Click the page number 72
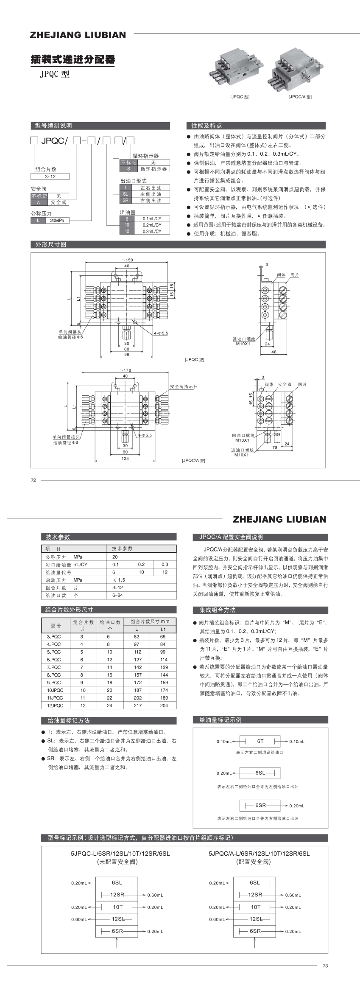(34, 480)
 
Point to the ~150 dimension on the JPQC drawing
(127, 260)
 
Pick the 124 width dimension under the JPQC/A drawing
(125, 459)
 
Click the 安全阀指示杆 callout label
(184, 386)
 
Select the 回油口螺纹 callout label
(243, 435)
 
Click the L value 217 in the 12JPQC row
(137, 705)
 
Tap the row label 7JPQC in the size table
(54, 667)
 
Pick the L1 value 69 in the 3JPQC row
(163, 637)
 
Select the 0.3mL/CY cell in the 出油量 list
(152, 232)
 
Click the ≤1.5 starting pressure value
(119, 580)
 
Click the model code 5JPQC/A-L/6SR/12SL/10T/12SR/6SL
(259, 854)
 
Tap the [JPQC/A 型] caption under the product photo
(300, 97)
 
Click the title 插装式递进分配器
(73, 59)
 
